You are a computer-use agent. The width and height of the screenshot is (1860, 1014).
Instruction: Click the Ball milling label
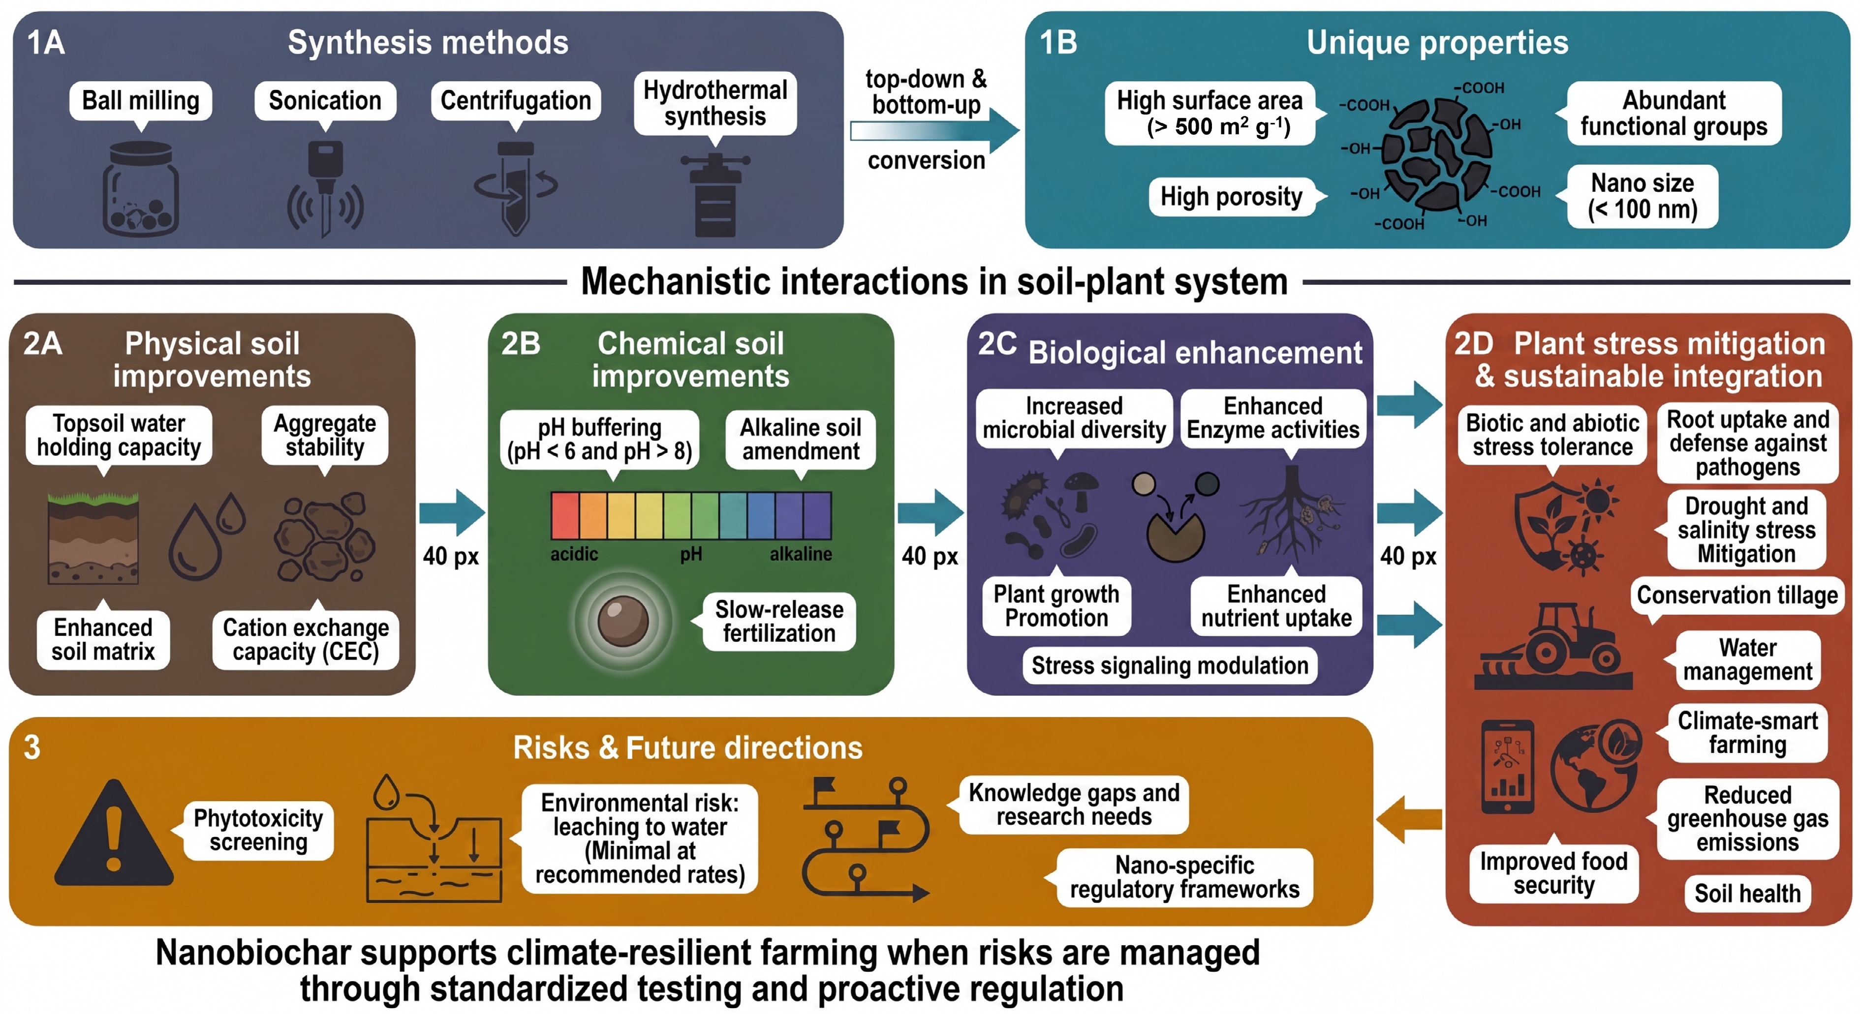point(141,100)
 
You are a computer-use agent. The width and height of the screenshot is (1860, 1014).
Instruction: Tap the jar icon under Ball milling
point(140,189)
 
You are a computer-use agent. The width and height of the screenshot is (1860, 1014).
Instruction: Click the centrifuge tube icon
point(516,188)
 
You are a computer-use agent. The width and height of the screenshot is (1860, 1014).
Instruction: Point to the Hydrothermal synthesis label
point(715,103)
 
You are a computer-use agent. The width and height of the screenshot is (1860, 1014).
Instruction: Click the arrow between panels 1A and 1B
point(935,131)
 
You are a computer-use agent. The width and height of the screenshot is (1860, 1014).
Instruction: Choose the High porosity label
point(1231,196)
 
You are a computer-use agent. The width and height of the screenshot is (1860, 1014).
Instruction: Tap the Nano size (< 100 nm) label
point(1642,196)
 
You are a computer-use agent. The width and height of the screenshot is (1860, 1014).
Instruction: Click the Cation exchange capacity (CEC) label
point(306,639)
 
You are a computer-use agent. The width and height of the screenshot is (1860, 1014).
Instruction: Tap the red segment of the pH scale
point(565,515)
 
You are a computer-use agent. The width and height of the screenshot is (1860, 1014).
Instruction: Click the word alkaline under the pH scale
point(801,554)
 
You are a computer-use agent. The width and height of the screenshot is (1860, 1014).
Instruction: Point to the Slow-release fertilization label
point(779,622)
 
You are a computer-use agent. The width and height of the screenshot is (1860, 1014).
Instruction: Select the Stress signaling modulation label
point(1170,665)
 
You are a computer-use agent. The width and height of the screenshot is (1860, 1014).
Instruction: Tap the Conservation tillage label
point(1736,596)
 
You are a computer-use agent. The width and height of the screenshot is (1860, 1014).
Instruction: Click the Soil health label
point(1747,894)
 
